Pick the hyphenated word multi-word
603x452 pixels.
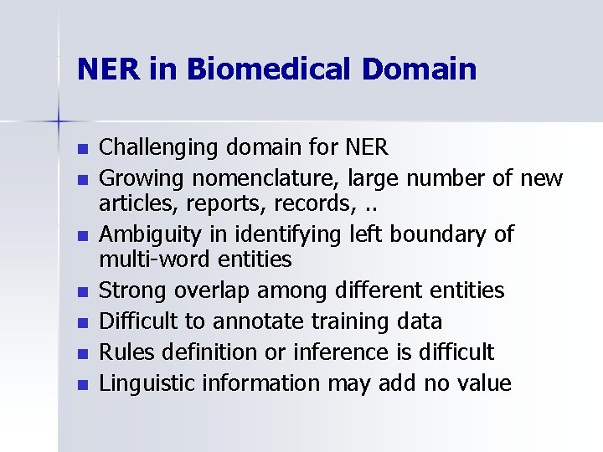[x=152, y=260]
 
